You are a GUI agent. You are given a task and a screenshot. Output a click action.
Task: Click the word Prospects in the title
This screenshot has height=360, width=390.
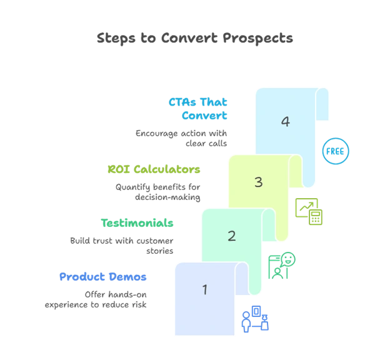tap(257, 39)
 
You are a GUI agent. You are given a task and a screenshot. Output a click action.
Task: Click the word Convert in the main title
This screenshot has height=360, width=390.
tap(189, 38)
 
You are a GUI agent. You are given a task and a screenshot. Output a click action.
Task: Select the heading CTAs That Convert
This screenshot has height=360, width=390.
tap(198, 109)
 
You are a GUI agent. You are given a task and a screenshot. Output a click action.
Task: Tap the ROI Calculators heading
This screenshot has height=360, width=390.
tap(154, 169)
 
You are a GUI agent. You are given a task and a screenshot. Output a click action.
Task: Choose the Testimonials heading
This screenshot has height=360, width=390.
tap(137, 223)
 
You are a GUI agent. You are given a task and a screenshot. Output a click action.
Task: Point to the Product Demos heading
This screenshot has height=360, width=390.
tap(103, 277)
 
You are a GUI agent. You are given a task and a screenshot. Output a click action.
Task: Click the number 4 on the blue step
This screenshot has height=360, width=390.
tap(285, 122)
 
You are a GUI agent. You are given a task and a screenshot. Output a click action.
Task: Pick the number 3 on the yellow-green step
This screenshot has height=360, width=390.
tap(258, 182)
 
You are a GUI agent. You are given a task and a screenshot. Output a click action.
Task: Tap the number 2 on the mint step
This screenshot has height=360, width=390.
tap(231, 236)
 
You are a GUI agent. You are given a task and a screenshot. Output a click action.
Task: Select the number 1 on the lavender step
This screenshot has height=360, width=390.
tap(205, 289)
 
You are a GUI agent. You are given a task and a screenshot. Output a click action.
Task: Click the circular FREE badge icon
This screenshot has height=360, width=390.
tap(336, 151)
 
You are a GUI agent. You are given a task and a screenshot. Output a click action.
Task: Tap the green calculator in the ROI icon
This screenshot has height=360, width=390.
tap(316, 217)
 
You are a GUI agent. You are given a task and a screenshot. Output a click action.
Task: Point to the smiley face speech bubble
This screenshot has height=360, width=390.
tap(288, 259)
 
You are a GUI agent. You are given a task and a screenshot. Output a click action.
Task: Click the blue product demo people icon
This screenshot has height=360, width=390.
tap(255, 319)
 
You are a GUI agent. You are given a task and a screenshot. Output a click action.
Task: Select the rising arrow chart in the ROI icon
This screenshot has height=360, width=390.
tap(306, 207)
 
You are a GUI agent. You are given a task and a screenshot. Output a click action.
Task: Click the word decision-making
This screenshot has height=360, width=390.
tap(167, 197)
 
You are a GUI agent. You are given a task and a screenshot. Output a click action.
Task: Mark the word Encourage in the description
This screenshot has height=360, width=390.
tap(157, 134)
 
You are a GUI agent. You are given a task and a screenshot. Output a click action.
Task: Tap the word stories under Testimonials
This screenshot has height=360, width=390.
tap(159, 251)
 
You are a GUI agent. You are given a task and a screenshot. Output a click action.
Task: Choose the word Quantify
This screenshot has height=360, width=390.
tap(133, 187)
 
